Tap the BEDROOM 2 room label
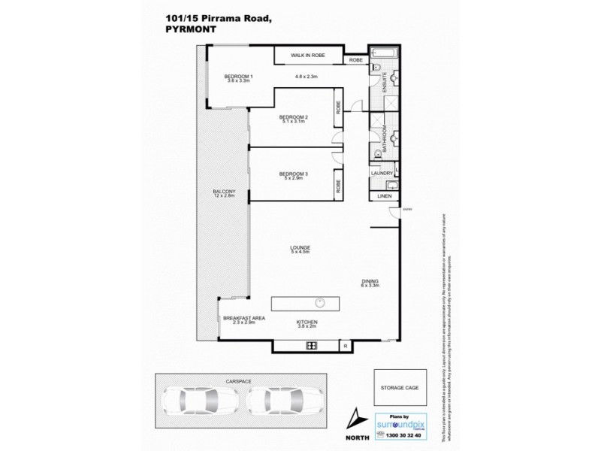pos(294,118)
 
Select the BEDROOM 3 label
pos(294,174)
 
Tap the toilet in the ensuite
pos(375,69)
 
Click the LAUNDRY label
pos(381,174)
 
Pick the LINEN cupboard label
pos(383,195)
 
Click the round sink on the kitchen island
pos(320,303)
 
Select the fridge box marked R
pos(344,345)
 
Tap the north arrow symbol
pos(356,419)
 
